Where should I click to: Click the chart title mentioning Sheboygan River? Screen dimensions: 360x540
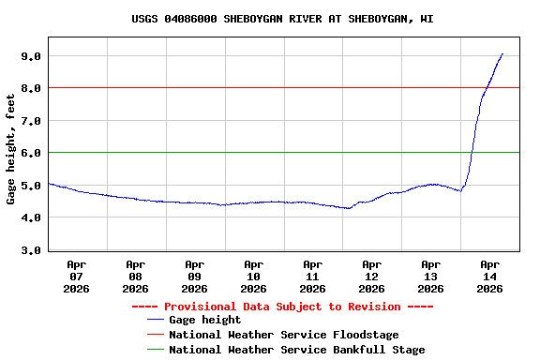[x=282, y=18]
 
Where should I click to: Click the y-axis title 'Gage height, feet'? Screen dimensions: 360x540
[x=11, y=149]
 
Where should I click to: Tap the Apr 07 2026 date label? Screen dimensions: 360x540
[x=77, y=277]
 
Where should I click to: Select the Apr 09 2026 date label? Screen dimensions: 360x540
[x=195, y=277]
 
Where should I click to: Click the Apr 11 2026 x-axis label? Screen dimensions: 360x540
[x=313, y=277]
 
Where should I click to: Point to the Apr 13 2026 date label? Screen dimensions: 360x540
[x=431, y=277]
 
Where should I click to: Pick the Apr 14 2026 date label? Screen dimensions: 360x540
[x=489, y=277]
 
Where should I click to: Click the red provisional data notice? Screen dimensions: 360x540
[x=282, y=307]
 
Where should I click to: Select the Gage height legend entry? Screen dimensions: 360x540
[x=204, y=320]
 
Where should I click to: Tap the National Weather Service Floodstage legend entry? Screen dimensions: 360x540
[x=283, y=335]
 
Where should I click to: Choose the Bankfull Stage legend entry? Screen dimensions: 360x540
[x=296, y=350]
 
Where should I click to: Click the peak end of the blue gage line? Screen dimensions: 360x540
[x=502, y=54]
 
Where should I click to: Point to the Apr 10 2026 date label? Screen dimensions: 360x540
[x=254, y=277]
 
